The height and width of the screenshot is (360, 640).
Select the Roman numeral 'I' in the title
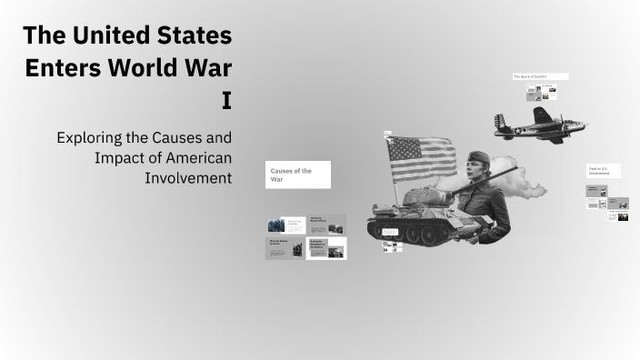[226, 101]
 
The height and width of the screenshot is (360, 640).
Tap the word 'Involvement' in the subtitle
[188, 176]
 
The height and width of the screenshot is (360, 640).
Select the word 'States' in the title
[192, 37]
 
